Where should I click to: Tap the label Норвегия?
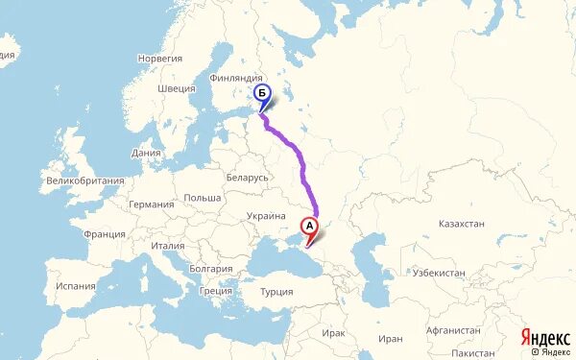[x=159, y=59]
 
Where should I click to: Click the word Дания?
[x=147, y=153]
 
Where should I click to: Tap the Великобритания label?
[x=86, y=180]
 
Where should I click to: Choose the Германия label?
[x=152, y=204]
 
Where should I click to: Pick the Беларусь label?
[x=249, y=178]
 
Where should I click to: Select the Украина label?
[x=266, y=217]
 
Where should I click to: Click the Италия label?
[x=167, y=247]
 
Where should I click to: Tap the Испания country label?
[x=76, y=285]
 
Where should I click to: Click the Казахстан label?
[x=461, y=224]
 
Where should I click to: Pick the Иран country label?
[x=390, y=339]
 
